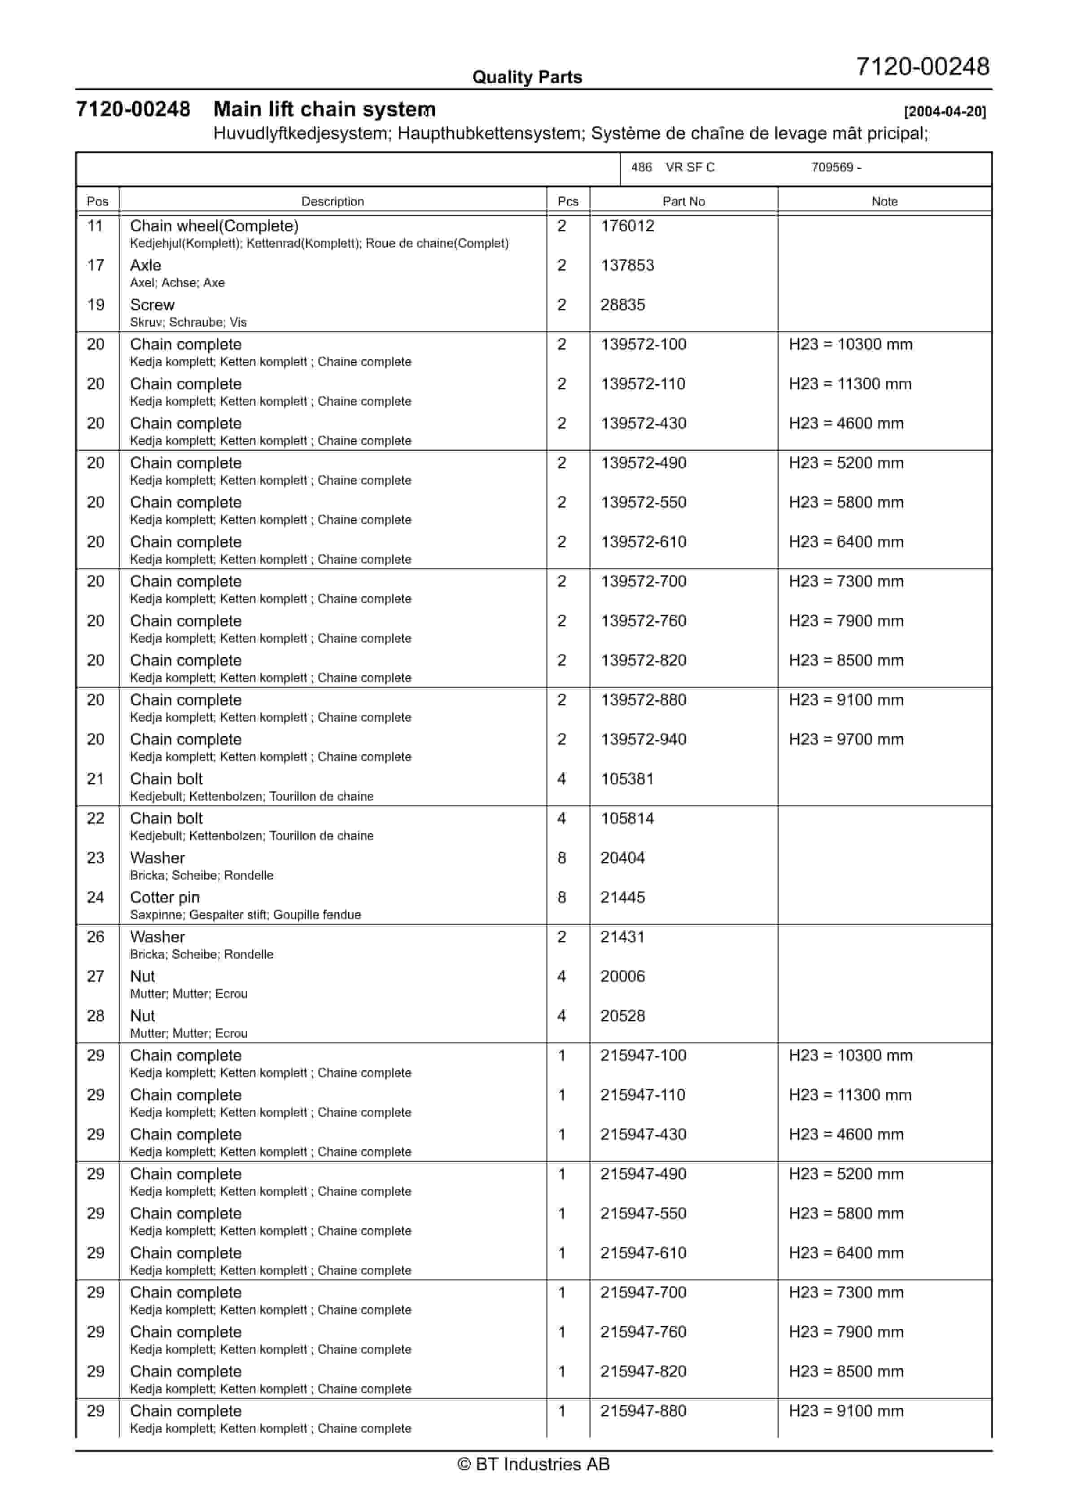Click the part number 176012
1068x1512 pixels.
click(x=627, y=226)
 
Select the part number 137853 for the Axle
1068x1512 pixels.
click(x=627, y=265)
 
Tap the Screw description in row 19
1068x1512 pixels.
click(x=152, y=305)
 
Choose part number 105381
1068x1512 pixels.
click(x=627, y=779)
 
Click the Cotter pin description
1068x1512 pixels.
click(x=165, y=897)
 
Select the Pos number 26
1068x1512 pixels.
click(x=96, y=937)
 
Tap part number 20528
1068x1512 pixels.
click(x=622, y=1016)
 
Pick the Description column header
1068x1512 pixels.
click(x=333, y=202)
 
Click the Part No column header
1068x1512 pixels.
click(x=683, y=202)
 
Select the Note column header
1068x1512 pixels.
click(x=884, y=202)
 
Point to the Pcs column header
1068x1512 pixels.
click(x=568, y=202)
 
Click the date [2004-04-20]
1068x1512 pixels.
click(x=945, y=111)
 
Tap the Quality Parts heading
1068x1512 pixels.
click(x=527, y=77)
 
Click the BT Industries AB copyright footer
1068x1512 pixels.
click(x=534, y=1464)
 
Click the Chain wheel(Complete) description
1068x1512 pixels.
click(x=214, y=226)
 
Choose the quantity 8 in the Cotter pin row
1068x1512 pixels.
click(x=562, y=897)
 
